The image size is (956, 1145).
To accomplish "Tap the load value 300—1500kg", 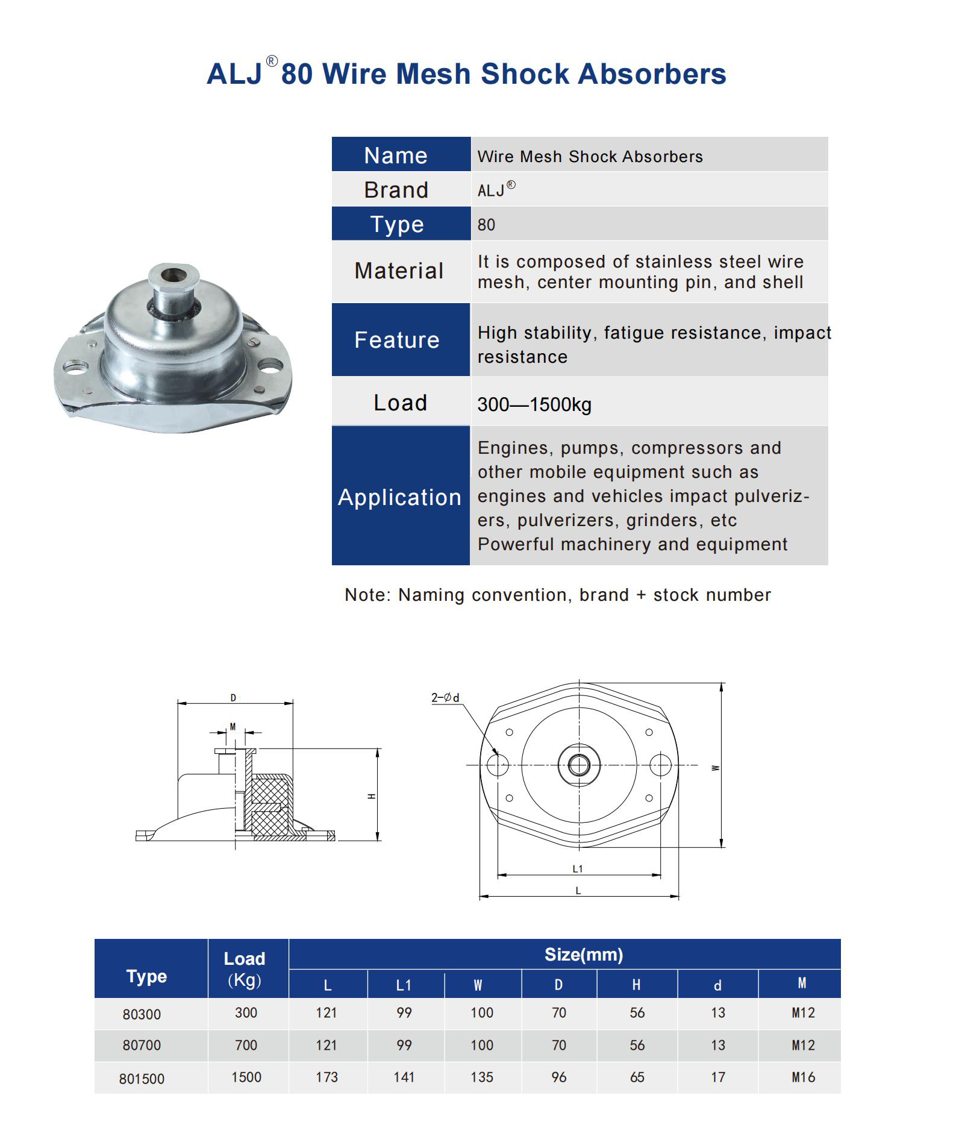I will [x=534, y=404].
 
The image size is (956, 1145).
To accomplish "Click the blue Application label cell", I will [x=400, y=497].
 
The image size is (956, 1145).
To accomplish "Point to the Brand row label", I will [x=396, y=190].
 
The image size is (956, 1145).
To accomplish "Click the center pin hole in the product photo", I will [x=175, y=275].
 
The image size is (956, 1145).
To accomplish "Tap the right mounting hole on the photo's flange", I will [x=270, y=365].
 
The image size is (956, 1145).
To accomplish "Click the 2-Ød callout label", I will [x=445, y=697].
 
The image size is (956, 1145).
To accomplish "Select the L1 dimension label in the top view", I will [x=578, y=868].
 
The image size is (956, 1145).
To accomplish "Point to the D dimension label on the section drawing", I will [x=233, y=698].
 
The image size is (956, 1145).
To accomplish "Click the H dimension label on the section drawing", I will [x=372, y=796].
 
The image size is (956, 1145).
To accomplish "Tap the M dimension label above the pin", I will [x=233, y=726].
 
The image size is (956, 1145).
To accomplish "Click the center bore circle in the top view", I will [x=579, y=765].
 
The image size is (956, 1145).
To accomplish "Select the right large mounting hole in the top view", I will [x=660, y=765].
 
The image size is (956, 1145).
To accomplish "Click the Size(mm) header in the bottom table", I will [x=583, y=955].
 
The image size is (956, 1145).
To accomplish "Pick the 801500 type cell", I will [x=142, y=1079].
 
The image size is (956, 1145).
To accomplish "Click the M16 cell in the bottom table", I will [x=803, y=1077].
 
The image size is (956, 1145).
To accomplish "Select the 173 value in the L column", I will [x=326, y=1077].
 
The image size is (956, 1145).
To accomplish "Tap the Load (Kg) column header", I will [x=245, y=968].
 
